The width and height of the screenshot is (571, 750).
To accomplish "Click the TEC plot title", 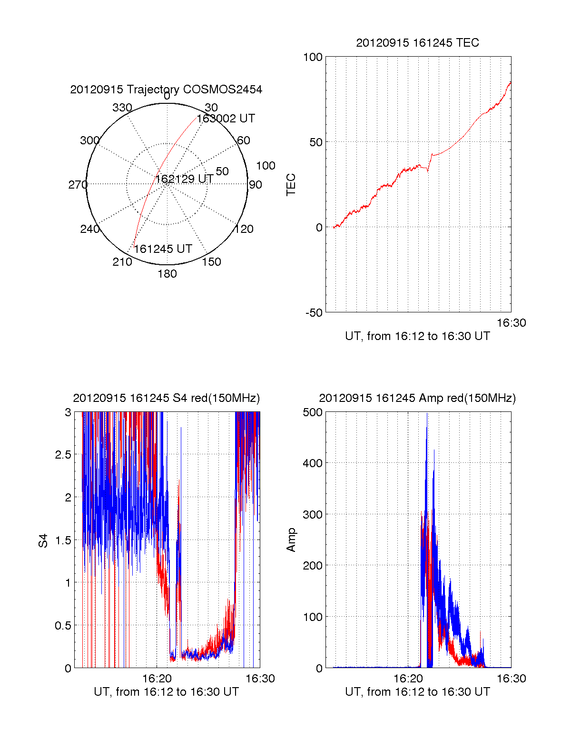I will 417,43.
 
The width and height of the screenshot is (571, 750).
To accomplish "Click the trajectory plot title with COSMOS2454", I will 166,90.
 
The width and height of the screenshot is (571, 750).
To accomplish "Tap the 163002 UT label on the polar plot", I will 226,119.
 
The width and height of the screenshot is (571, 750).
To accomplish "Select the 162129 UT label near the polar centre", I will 184,179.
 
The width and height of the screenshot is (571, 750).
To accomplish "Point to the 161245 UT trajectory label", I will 163,249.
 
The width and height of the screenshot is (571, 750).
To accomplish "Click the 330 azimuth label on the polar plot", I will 122,108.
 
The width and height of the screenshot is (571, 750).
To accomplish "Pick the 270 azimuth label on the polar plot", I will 78,185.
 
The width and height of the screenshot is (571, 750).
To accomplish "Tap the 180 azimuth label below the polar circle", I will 167,274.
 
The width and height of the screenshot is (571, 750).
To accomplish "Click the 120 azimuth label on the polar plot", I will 244,229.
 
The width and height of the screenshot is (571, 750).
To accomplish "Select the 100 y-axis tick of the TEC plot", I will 313,57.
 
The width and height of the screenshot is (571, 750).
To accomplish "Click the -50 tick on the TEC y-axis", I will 314,313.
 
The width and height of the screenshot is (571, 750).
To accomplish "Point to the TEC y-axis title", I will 291,185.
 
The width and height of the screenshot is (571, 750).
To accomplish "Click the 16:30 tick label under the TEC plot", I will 511,323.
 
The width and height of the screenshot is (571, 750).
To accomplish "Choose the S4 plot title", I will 166,398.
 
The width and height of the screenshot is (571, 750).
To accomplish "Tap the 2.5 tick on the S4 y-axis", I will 63,455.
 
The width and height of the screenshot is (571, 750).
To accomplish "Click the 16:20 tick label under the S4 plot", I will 157,679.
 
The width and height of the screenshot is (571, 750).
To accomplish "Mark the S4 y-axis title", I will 43,540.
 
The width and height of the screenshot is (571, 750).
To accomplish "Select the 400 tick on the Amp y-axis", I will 313,463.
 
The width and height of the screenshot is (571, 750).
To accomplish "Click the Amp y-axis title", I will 291,540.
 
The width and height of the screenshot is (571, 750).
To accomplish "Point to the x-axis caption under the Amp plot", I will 417,692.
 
